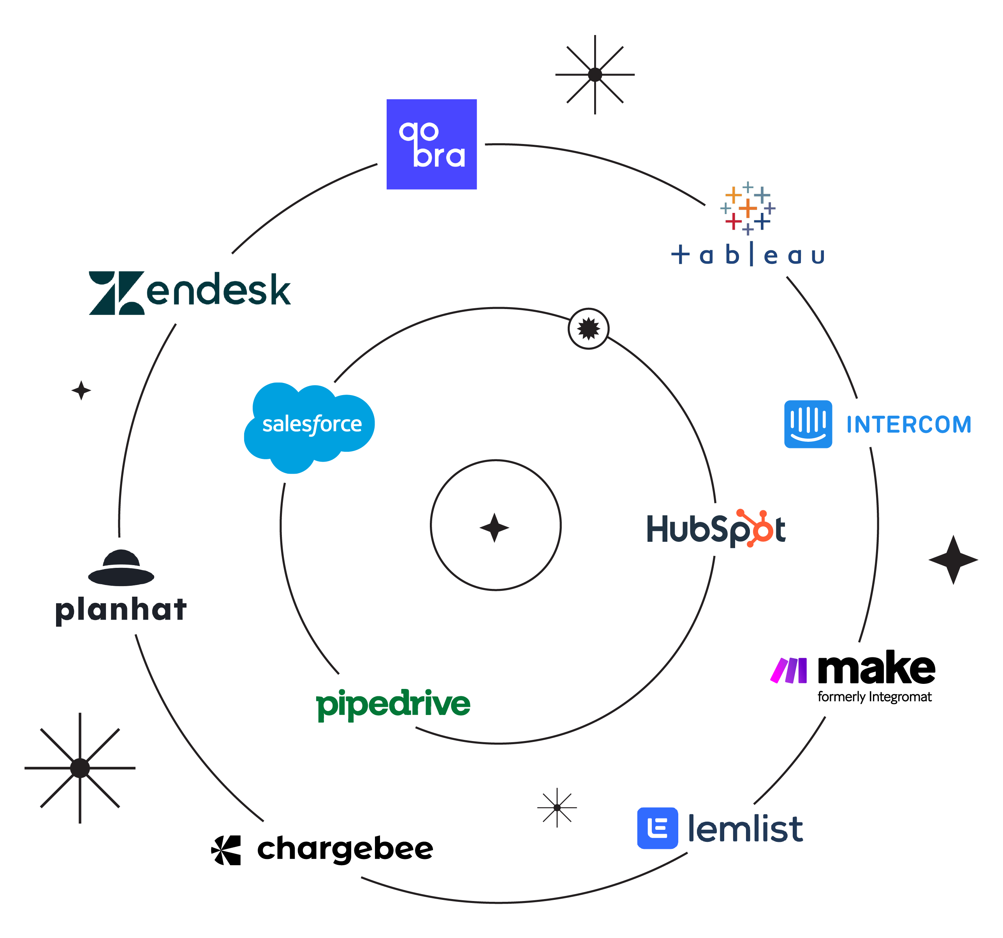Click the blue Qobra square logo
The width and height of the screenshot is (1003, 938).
(x=431, y=144)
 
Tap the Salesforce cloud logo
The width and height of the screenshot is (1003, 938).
(x=309, y=425)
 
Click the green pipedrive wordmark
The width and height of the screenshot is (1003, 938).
(x=393, y=704)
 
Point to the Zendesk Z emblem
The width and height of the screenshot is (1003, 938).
(x=116, y=293)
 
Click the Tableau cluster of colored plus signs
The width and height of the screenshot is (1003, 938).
(x=748, y=208)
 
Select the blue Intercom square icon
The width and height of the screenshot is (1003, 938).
(x=808, y=424)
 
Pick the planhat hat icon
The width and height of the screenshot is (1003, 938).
(x=121, y=568)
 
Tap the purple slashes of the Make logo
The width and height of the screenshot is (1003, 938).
(x=788, y=670)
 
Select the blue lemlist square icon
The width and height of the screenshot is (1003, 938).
(x=657, y=828)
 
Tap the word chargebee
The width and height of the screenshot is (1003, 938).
(x=345, y=849)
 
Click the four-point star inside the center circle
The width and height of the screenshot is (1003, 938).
(x=494, y=527)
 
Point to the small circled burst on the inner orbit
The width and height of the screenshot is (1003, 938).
(x=588, y=329)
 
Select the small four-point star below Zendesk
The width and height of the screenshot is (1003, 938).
(x=81, y=390)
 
